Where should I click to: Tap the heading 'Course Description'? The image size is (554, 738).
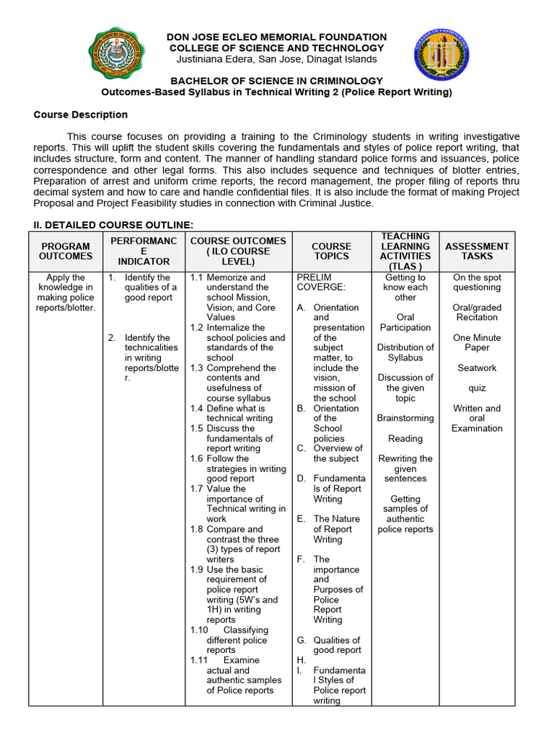81,115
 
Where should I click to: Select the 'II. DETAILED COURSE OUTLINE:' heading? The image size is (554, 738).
113,225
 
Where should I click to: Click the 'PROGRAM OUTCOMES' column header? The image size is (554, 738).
66,251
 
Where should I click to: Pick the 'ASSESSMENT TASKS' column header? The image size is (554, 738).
477,251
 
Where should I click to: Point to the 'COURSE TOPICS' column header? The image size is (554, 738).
332,251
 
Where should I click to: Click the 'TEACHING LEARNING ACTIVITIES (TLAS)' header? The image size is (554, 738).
405,251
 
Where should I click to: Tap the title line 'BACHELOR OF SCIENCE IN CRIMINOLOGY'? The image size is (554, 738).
276,81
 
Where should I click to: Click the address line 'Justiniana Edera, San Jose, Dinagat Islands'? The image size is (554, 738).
276,59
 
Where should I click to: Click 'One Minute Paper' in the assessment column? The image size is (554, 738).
477,342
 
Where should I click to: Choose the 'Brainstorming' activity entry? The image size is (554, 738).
405,418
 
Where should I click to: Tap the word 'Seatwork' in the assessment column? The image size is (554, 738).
477,368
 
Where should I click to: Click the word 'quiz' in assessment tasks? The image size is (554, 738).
477,388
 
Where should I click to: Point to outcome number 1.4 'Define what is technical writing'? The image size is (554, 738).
237,413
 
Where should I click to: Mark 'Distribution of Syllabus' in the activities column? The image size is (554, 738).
405,352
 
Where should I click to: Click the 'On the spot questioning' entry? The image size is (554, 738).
477,282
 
